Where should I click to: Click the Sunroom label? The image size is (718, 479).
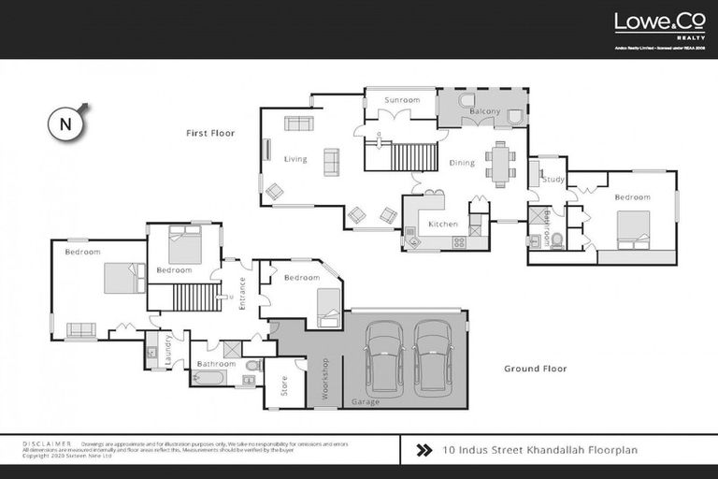[402, 100]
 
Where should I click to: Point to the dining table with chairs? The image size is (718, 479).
[500, 164]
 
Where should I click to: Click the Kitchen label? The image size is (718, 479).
[442, 225]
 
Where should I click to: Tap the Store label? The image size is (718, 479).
[285, 385]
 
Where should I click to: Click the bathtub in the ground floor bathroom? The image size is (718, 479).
[209, 379]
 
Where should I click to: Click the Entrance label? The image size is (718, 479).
[242, 293]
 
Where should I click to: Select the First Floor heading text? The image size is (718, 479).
[210, 134]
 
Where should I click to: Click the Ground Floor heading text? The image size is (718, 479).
[535, 369]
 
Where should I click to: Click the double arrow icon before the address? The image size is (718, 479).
[423, 450]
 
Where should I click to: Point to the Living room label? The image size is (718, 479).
[294, 159]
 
